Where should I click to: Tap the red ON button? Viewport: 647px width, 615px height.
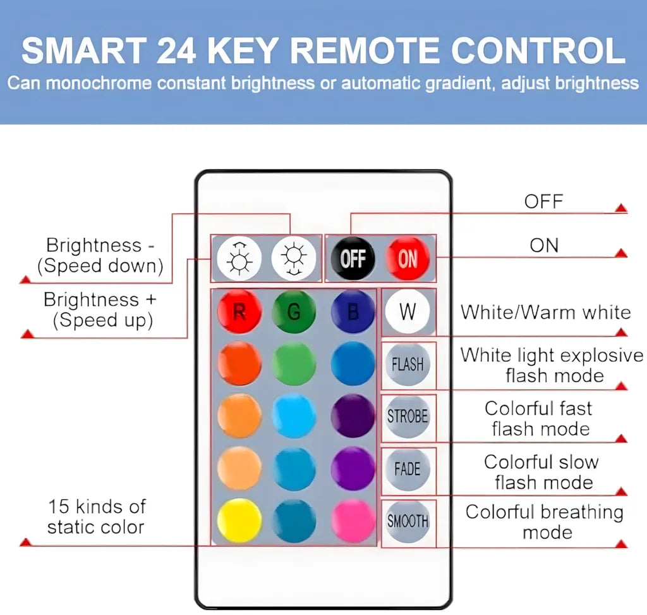pyautogui.click(x=408, y=258)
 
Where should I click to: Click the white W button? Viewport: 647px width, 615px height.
pyautogui.click(x=408, y=311)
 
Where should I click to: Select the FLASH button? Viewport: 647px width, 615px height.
pyautogui.click(x=408, y=364)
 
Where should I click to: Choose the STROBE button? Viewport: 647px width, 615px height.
pyautogui.click(x=408, y=416)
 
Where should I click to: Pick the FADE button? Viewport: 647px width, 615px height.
pyautogui.click(x=408, y=469)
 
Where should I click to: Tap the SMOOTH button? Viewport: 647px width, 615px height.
pyautogui.click(x=408, y=521)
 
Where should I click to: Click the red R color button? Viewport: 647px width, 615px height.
pyautogui.click(x=239, y=311)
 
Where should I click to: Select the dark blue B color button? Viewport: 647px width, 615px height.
pyautogui.click(x=353, y=311)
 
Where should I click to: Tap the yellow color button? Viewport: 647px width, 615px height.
pyautogui.click(x=239, y=520)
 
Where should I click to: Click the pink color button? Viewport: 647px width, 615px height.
pyautogui.click(x=353, y=520)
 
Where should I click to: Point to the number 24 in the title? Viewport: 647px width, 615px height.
pyautogui.click(x=176, y=51)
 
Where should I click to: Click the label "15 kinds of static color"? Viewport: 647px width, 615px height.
pyautogui.click(x=96, y=516)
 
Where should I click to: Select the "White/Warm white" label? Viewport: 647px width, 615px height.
pyautogui.click(x=545, y=312)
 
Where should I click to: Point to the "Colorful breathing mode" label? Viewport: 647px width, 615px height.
pyautogui.click(x=545, y=521)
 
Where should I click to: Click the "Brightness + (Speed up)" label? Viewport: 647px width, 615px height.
pyautogui.click(x=100, y=309)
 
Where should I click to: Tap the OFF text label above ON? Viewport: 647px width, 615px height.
pyautogui.click(x=543, y=202)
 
